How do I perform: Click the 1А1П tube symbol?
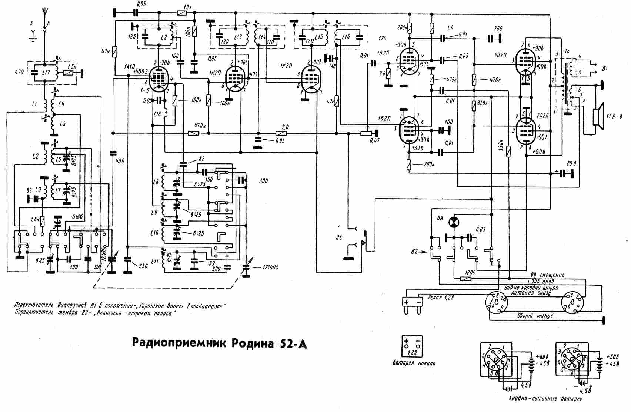160,79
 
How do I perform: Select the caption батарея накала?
414,363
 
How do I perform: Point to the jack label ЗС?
338,238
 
